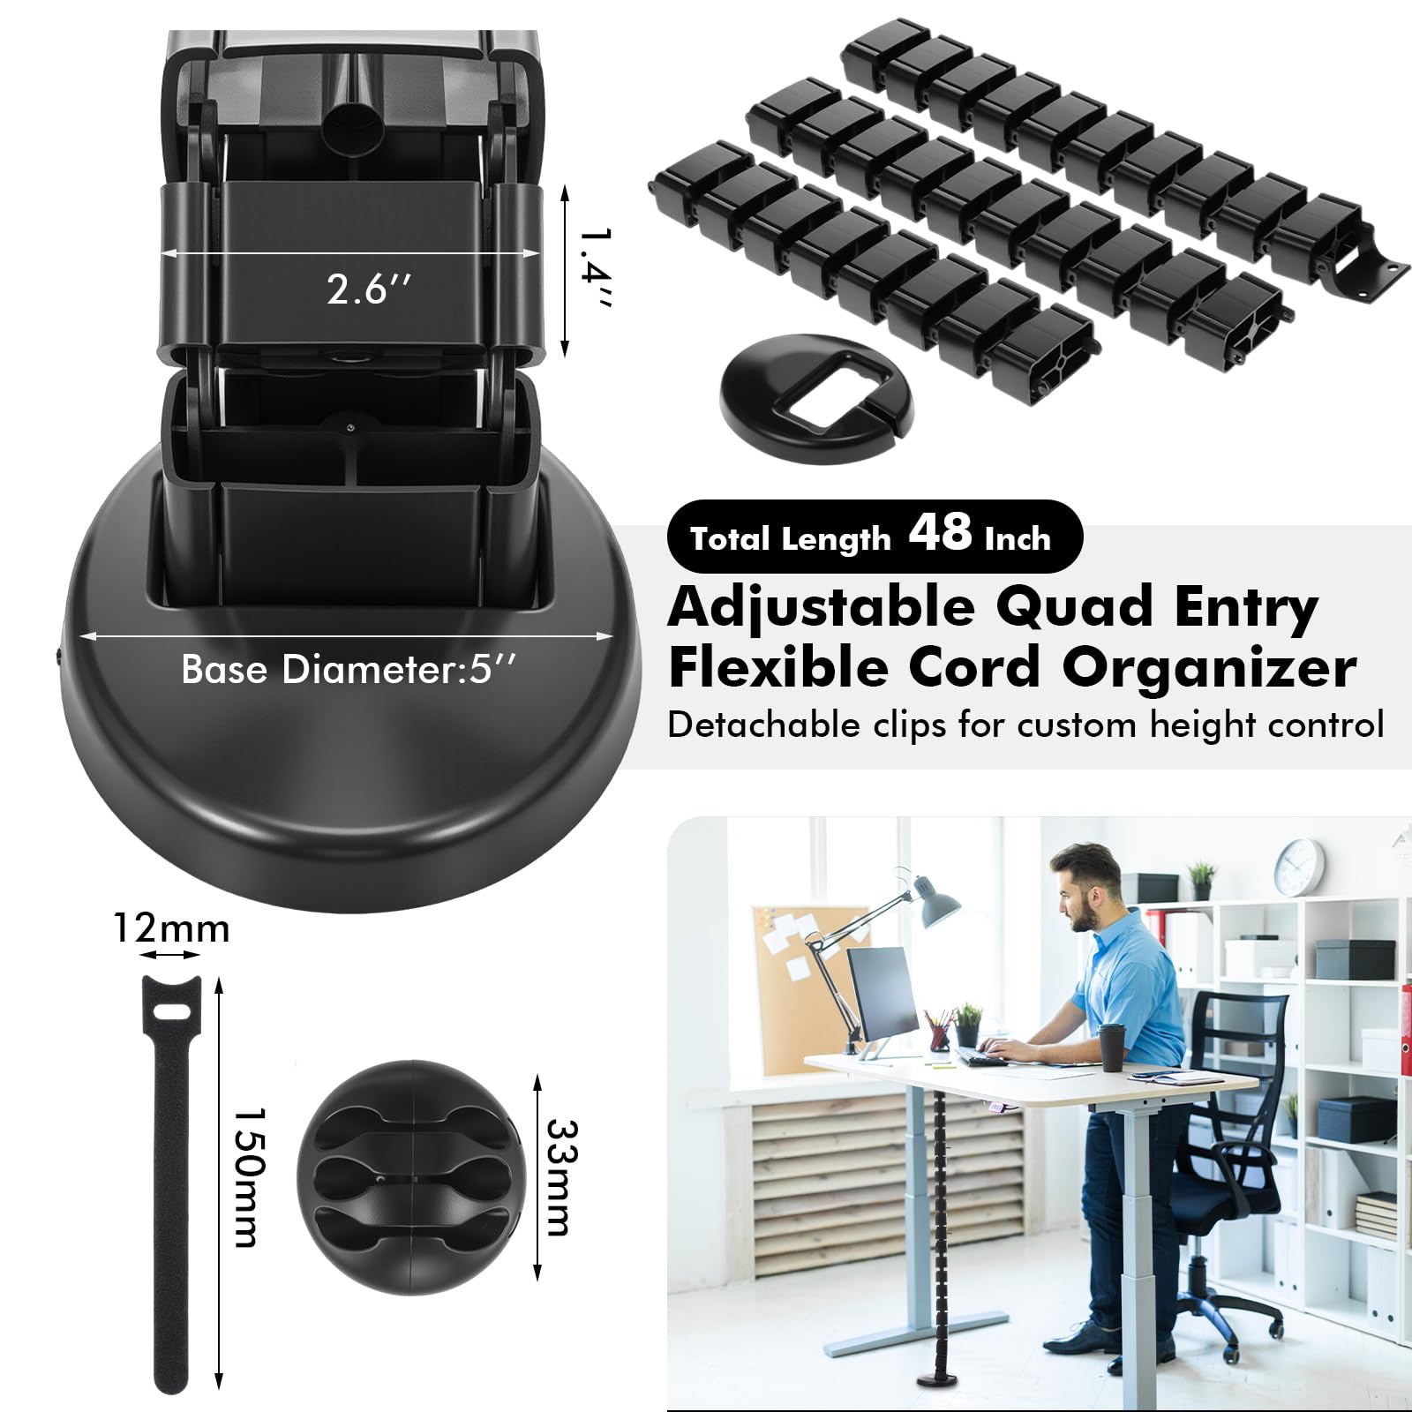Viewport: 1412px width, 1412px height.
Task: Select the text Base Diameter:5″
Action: pyautogui.click(x=349, y=671)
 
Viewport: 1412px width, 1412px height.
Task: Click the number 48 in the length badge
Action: pyautogui.click(x=941, y=532)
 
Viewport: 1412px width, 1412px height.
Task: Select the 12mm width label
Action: pyautogui.click(x=171, y=928)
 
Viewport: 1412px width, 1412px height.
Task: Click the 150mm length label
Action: pyautogui.click(x=246, y=1177)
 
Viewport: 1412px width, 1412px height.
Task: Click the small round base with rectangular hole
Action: pyautogui.click(x=817, y=398)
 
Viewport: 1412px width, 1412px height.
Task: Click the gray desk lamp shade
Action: pyautogui.click(x=935, y=902)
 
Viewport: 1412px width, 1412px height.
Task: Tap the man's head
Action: pyautogui.click(x=1085, y=885)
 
